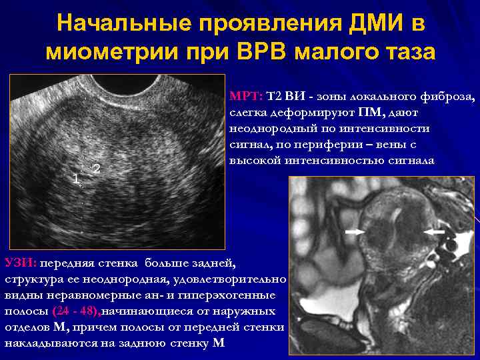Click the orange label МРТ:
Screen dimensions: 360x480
coord(246,97)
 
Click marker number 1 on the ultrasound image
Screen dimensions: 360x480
coord(76,178)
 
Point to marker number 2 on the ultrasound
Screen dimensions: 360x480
coord(97,168)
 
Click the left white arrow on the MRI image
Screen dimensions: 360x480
coord(355,231)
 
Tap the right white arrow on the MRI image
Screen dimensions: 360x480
coord(434,231)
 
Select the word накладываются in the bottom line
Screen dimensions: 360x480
coord(45,343)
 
